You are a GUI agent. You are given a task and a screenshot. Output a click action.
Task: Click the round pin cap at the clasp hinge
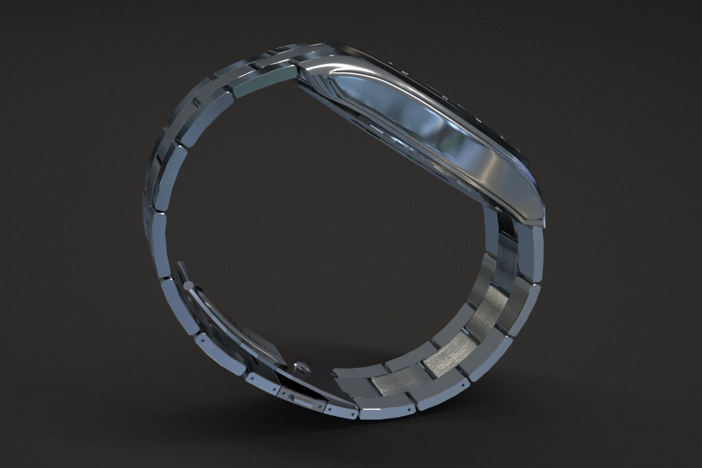189,285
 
